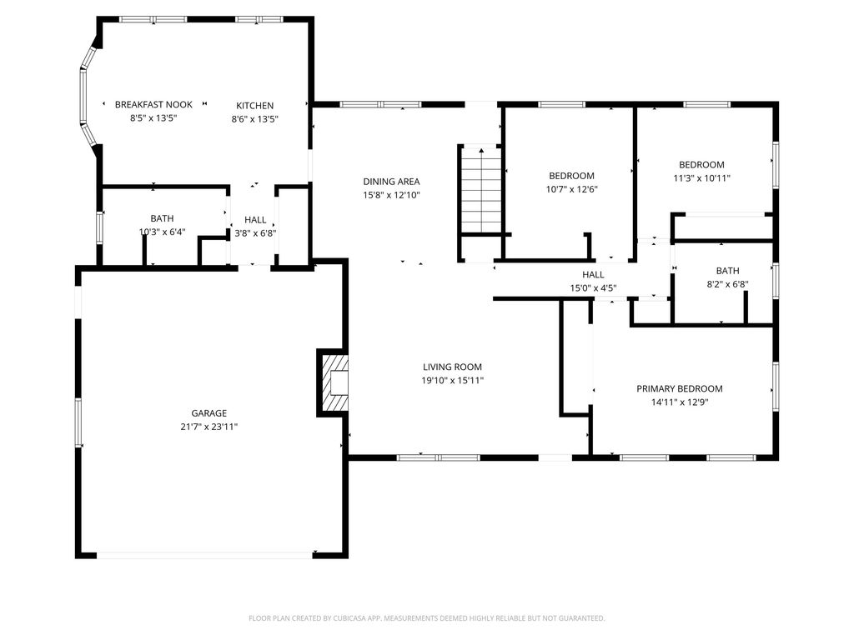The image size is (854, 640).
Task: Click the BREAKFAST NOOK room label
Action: click(153, 104)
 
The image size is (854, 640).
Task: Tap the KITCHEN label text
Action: click(254, 106)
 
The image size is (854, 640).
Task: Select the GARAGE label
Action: click(208, 413)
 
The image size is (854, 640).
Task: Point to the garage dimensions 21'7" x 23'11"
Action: click(208, 427)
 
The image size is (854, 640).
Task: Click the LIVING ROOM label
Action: click(452, 367)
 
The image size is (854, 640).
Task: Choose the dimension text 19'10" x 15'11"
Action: click(452, 380)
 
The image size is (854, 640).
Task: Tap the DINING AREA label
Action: click(391, 181)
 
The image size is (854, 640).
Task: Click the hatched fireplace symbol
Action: click(333, 382)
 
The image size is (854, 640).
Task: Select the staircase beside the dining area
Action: click(481, 190)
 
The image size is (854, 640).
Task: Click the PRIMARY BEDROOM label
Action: click(679, 388)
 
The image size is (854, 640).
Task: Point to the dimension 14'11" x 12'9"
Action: click(679, 402)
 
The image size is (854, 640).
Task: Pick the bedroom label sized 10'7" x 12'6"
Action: click(571, 176)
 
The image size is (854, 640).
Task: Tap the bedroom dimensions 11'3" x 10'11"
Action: click(701, 178)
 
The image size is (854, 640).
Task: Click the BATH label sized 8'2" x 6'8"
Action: click(727, 271)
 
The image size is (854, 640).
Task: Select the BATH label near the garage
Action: click(162, 218)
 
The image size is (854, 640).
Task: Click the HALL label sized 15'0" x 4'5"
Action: click(593, 275)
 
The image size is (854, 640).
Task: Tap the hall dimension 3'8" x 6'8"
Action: click(255, 233)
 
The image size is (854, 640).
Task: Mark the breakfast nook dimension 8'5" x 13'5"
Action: click(153, 118)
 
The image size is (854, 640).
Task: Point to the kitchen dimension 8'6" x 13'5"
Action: click(254, 119)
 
